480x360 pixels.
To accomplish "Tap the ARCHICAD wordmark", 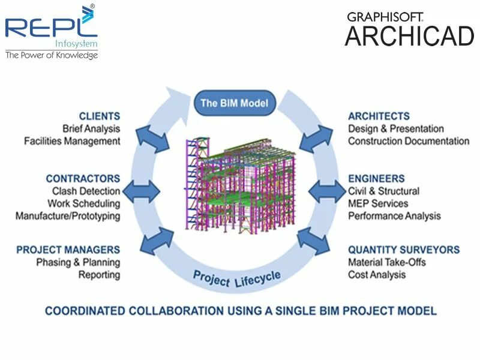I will tap(409, 37).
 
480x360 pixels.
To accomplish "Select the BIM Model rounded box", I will tap(235, 103).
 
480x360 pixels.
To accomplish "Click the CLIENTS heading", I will tap(100, 116).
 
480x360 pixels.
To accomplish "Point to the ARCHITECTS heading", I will tap(379, 116).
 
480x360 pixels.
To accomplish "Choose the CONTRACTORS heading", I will tap(83, 179).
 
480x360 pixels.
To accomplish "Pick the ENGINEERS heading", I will tap(376, 179).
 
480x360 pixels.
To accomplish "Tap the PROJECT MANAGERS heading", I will tap(68, 250).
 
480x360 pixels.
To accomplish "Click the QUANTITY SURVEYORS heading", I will tap(404, 250).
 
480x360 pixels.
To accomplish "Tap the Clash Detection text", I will tap(86, 191).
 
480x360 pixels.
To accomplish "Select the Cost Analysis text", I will tap(377, 275).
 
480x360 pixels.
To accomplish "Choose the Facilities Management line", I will tap(72, 141).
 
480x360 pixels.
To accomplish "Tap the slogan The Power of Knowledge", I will tap(51, 55).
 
